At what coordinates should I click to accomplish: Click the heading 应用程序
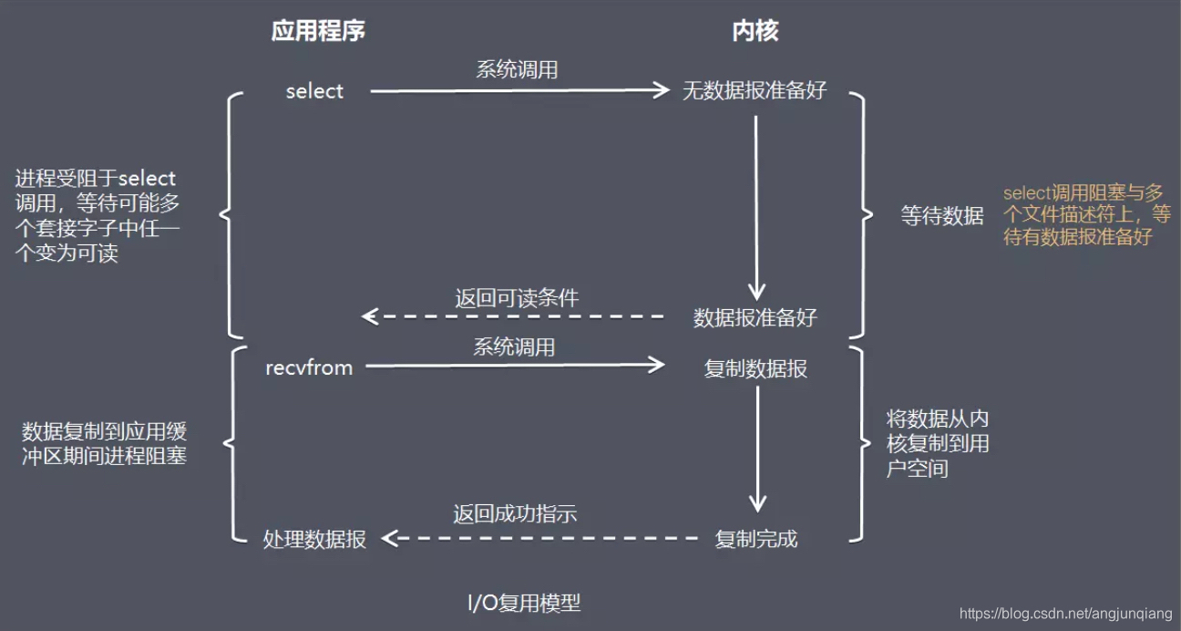[318, 31]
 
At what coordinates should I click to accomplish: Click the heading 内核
[755, 31]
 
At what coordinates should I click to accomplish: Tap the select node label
[314, 91]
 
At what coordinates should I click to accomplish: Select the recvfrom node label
[309, 367]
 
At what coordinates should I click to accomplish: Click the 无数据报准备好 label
[755, 91]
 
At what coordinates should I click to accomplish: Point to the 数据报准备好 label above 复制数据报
[755, 317]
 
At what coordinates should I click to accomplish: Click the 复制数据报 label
[755, 368]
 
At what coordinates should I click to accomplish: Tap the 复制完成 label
[755, 539]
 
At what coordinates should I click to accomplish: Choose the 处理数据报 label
[314, 539]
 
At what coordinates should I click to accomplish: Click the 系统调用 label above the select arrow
[517, 69]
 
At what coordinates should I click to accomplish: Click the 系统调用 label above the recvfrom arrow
[514, 347]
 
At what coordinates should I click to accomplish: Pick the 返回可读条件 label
[517, 297]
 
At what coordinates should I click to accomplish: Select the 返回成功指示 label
[515, 513]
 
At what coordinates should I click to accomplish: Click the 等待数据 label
[941, 216]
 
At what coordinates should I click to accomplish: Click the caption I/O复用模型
[524, 603]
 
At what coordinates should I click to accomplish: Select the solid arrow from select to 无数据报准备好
[519, 90]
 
